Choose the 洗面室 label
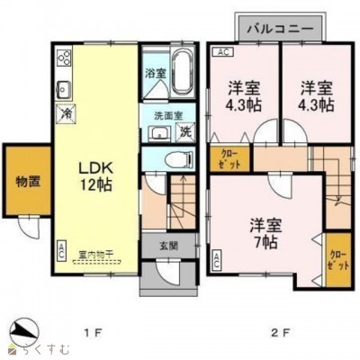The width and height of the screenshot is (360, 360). (x=162, y=116)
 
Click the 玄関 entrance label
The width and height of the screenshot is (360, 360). (x=169, y=245)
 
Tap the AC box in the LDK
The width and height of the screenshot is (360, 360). (x=61, y=247)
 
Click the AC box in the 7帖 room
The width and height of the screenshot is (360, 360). (x=219, y=262)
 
